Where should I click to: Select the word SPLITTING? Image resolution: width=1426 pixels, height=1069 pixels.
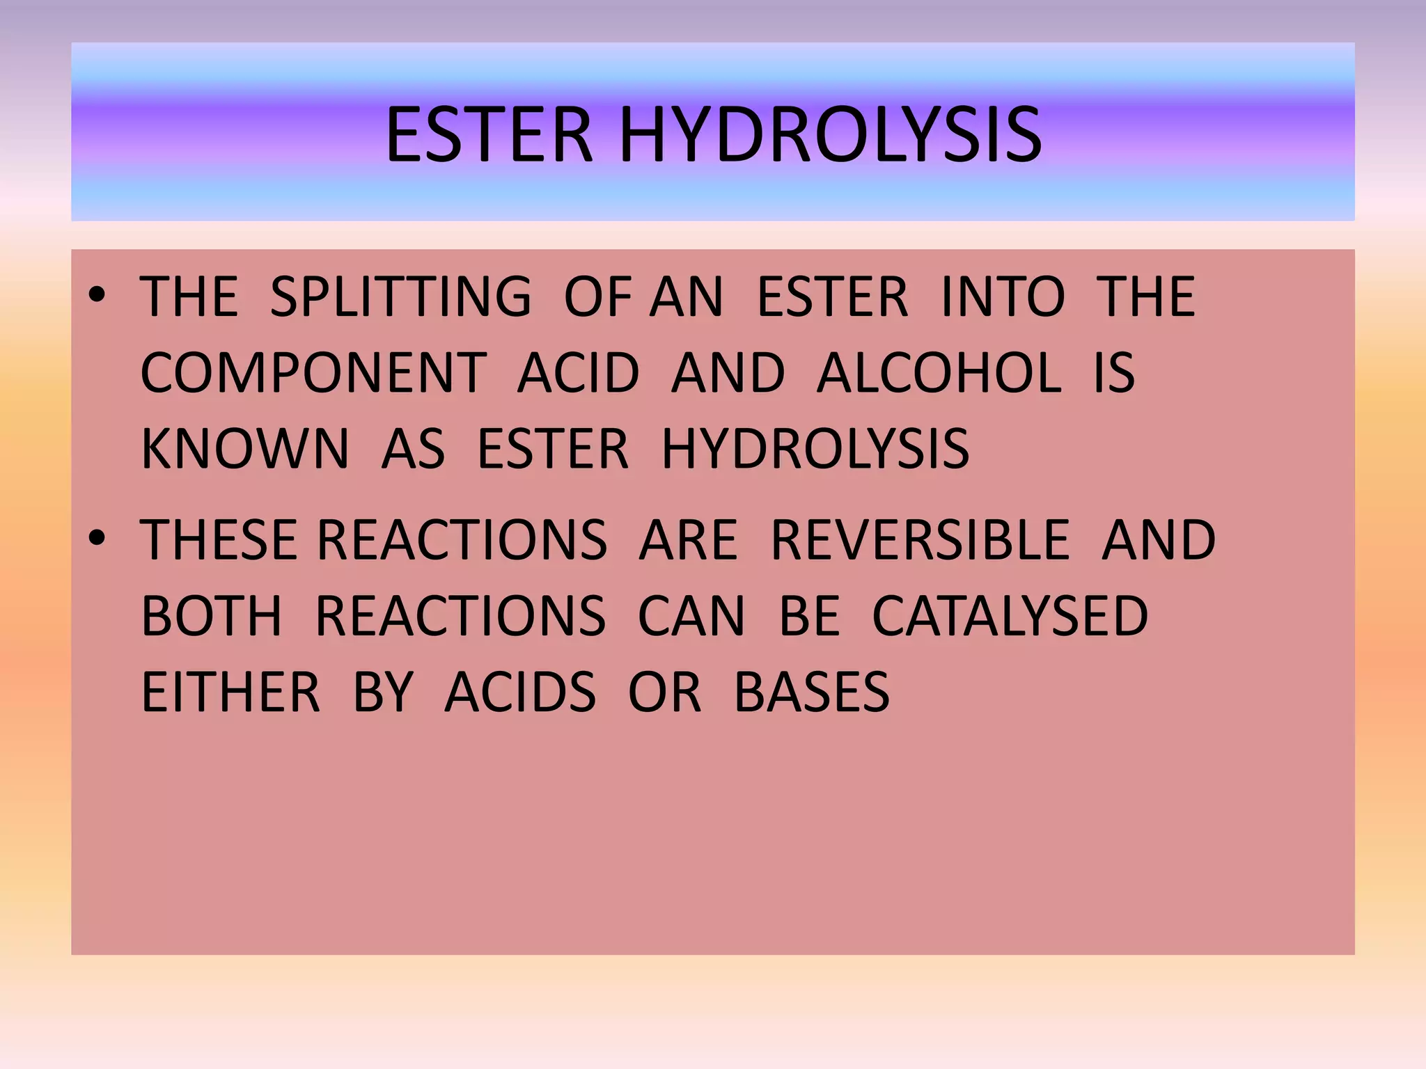click(x=400, y=297)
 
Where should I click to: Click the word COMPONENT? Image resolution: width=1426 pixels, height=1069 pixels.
click(x=313, y=373)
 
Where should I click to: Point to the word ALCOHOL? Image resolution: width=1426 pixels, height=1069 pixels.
click(x=939, y=373)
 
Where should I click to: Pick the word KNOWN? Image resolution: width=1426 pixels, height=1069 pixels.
click(x=244, y=449)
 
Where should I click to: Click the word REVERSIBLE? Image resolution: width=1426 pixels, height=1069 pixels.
click(x=920, y=540)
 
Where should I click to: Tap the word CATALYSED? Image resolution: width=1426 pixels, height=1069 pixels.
click(x=1010, y=616)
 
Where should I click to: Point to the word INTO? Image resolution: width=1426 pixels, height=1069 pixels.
click(x=1003, y=297)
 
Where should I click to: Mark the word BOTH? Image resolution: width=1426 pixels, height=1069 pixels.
click(x=212, y=616)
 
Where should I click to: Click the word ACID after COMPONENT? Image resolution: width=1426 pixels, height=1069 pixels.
click(x=578, y=373)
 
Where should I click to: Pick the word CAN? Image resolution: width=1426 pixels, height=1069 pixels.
click(x=691, y=616)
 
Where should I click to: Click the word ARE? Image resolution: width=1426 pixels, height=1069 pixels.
click(x=688, y=540)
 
